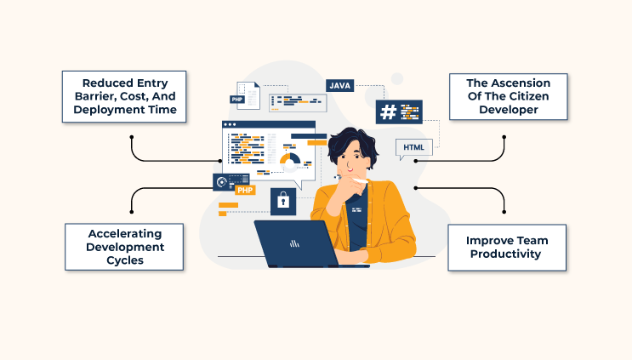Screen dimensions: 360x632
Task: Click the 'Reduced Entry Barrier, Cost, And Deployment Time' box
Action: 123,97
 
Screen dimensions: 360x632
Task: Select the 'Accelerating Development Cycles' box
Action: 126,246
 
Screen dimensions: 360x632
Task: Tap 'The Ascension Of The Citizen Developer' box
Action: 508,97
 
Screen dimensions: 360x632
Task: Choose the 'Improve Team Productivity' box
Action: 506,247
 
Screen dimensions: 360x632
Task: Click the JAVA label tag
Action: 339,85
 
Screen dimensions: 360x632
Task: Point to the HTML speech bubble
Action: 413,148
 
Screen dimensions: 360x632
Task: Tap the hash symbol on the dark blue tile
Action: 390,112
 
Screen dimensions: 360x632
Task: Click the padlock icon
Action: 282,203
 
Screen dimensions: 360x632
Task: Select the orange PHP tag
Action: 245,190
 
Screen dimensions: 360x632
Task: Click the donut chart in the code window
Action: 290,159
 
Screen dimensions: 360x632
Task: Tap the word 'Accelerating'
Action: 126,232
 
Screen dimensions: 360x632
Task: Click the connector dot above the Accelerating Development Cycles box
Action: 132,213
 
